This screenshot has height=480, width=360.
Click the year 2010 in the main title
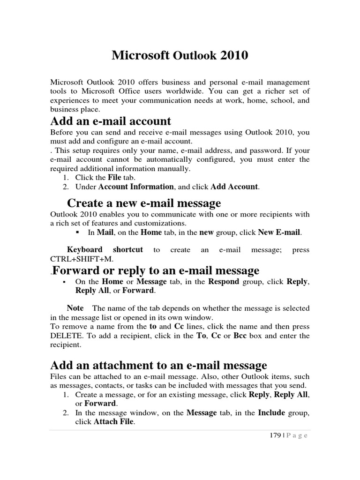tap(232, 56)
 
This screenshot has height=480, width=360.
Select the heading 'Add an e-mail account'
tap(111, 121)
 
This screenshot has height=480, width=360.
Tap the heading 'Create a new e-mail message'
tap(144, 203)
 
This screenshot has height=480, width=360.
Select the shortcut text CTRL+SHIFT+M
tap(82, 259)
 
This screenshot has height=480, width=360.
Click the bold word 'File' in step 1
tap(114, 177)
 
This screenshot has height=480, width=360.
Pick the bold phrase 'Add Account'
tap(234, 187)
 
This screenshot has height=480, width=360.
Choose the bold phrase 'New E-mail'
tap(279, 232)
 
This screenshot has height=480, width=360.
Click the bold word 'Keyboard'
tap(85, 250)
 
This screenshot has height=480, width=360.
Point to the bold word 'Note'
tap(75, 308)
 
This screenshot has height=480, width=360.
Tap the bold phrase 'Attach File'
tap(113, 422)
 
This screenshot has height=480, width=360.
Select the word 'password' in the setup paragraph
tap(267, 150)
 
